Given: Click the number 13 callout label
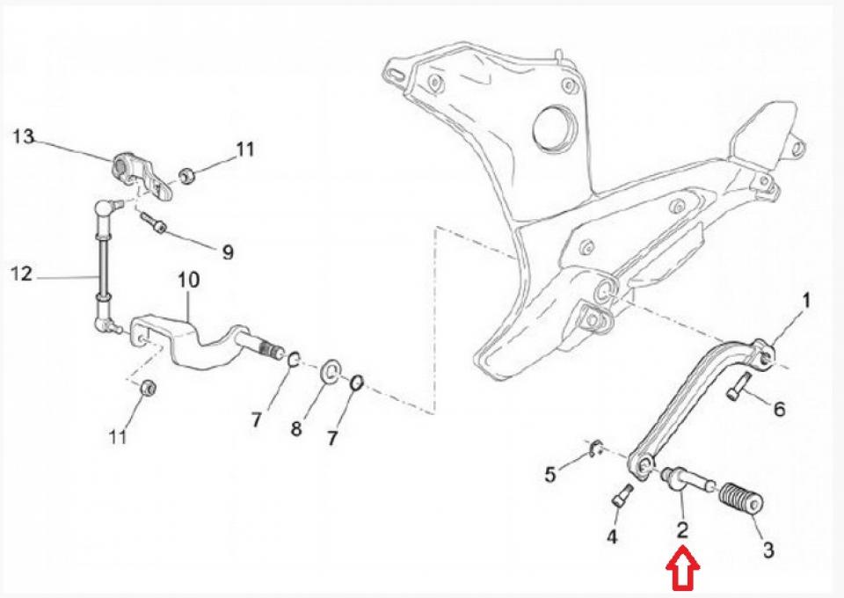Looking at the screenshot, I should pyautogui.click(x=23, y=136).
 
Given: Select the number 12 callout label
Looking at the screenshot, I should pyautogui.click(x=23, y=274).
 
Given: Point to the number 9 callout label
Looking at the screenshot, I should pyautogui.click(x=228, y=252).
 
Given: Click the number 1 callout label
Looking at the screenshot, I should pyautogui.click(x=805, y=302).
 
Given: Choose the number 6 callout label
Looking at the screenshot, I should pyautogui.click(x=779, y=409).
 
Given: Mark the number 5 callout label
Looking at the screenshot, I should pyautogui.click(x=550, y=476).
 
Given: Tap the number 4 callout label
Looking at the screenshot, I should pyautogui.click(x=612, y=536).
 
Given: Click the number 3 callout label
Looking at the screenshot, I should pyautogui.click(x=768, y=551).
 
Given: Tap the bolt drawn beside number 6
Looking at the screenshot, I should pyautogui.click(x=738, y=388).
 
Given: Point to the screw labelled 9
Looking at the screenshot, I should pyautogui.click(x=155, y=223).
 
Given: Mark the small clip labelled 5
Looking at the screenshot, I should pyautogui.click(x=595, y=450).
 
